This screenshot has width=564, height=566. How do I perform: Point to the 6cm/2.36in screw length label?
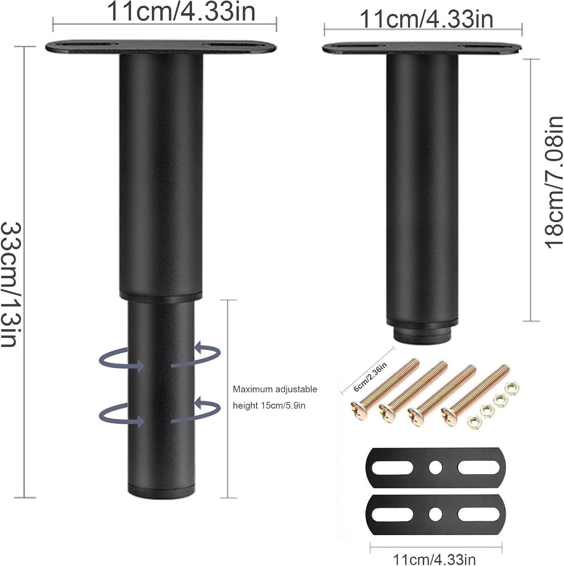pyautogui.click(x=370, y=377)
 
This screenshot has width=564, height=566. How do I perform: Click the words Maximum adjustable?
pyautogui.click(x=275, y=389)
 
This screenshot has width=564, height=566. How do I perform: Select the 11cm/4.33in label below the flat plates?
pyautogui.click(x=434, y=559)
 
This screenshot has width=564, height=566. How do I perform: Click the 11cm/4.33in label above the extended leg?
pyautogui.click(x=181, y=11)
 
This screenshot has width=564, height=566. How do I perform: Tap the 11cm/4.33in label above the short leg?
pyautogui.click(x=426, y=19)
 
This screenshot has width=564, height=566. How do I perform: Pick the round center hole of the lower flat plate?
pyautogui.click(x=435, y=514)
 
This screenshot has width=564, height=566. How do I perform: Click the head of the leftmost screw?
pyautogui.click(x=358, y=410)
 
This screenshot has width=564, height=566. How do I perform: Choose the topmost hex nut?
pyautogui.click(x=511, y=388)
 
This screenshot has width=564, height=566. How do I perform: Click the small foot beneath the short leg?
pyautogui.click(x=423, y=334)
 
